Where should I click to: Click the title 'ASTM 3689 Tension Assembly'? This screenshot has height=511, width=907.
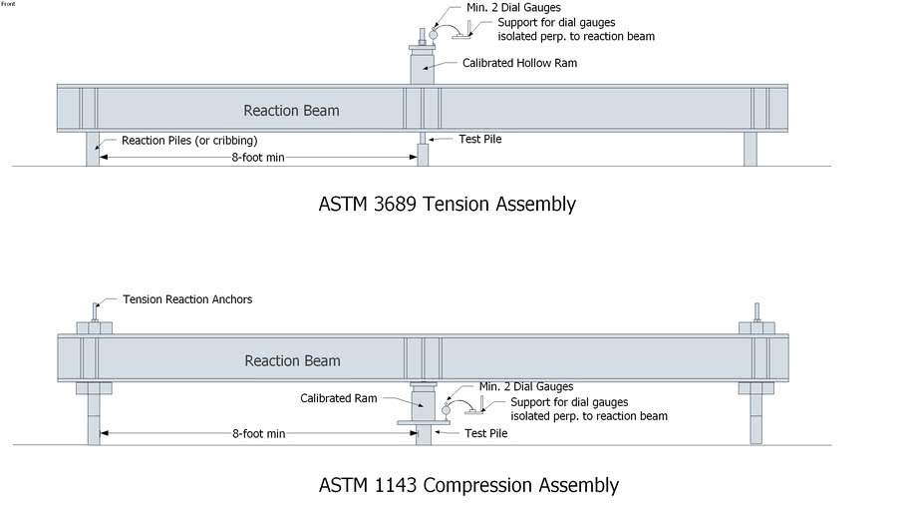[447, 204]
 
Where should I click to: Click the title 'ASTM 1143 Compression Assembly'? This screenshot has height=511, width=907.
[468, 486]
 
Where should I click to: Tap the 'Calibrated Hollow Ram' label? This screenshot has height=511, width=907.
[519, 63]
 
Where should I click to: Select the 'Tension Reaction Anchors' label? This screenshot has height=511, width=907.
[187, 299]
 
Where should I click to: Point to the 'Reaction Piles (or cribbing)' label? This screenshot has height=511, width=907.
[189, 141]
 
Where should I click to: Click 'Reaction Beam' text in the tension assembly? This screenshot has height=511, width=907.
[291, 110]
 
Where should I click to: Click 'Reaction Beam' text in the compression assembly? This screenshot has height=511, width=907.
[292, 361]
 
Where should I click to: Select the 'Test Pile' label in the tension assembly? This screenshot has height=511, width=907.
[479, 139]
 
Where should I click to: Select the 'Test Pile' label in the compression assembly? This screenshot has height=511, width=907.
[487, 434]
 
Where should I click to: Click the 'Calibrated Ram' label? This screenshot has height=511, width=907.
[339, 398]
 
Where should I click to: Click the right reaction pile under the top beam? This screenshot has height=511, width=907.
[750, 148]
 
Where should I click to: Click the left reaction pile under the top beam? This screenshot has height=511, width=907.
[93, 148]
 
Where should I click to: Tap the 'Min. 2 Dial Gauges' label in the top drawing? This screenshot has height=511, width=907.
[513, 8]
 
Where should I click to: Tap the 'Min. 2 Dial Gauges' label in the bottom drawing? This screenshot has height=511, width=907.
[525, 386]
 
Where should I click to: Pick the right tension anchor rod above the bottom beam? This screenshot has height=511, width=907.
[756, 310]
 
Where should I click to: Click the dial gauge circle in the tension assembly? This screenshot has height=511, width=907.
[434, 34]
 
